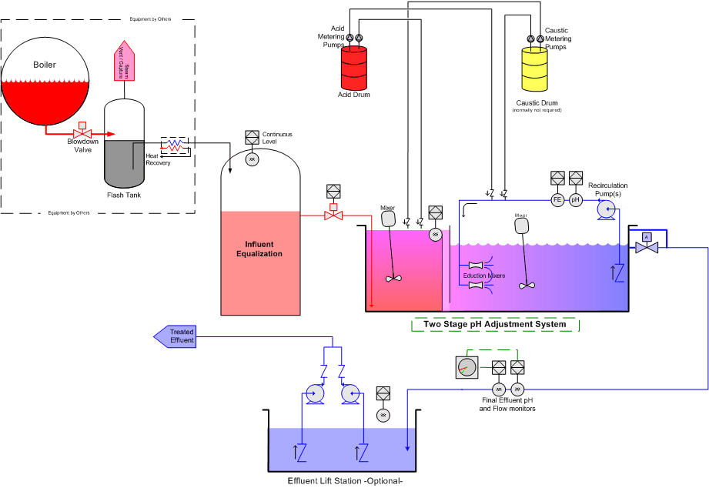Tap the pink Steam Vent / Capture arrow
125,62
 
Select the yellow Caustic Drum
537,70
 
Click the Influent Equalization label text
259,249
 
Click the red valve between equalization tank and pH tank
333,216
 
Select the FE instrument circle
557,200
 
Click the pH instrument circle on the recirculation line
575,200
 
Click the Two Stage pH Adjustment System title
494,324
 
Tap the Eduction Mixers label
483,275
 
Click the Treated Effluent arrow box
176,336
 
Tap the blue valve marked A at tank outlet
647,246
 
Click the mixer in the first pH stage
389,219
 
